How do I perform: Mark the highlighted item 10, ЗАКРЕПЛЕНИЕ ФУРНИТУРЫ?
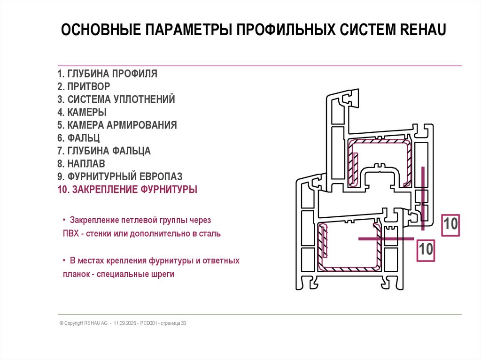point(127,190)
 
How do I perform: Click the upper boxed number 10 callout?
point(450,224)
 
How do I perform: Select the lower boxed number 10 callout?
point(426,249)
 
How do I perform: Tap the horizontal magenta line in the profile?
point(386,239)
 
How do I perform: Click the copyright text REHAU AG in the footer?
point(96,323)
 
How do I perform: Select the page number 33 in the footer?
point(184,323)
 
